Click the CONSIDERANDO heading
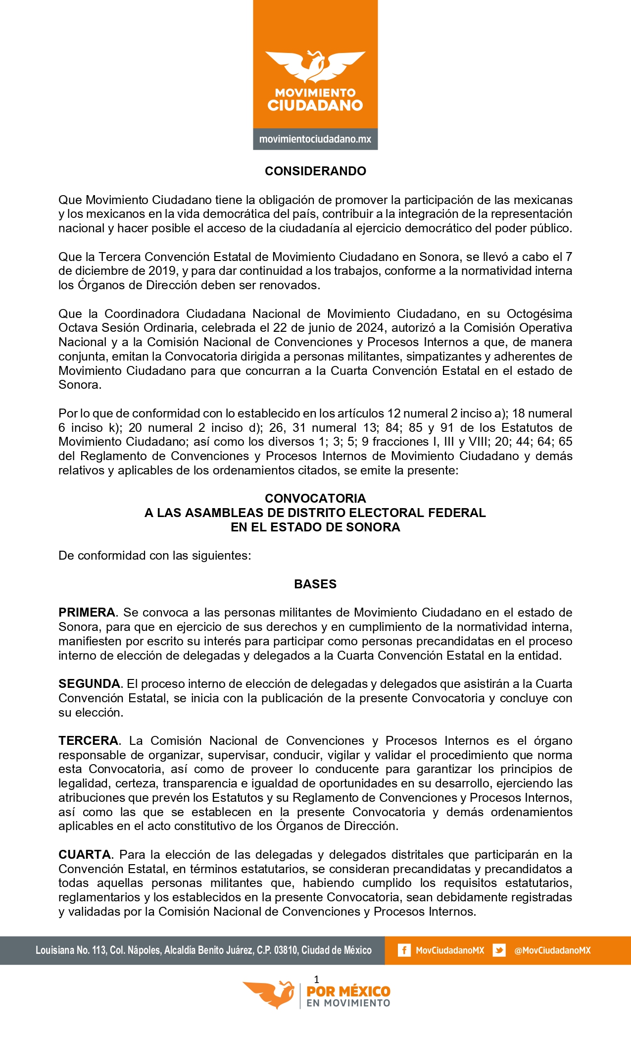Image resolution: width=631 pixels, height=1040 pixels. point(315,171)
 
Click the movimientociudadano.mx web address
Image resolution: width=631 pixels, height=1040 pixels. point(315,139)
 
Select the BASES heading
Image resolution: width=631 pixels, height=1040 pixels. point(315,584)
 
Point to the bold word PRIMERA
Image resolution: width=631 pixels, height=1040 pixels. point(87,613)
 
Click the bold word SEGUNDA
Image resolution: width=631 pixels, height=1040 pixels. point(89,684)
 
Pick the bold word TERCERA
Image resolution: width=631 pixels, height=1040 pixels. point(88,741)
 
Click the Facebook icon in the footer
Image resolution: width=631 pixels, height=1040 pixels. point(404,950)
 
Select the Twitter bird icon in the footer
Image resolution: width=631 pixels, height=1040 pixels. point(499,950)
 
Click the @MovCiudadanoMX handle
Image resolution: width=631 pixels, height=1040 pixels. point(552,950)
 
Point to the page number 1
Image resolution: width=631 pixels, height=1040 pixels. point(317,979)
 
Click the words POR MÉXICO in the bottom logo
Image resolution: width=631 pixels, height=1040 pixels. point(348,991)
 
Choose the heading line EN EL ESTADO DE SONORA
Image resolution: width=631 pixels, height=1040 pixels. point(315,527)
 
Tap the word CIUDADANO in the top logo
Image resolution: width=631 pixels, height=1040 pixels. point(315,105)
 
